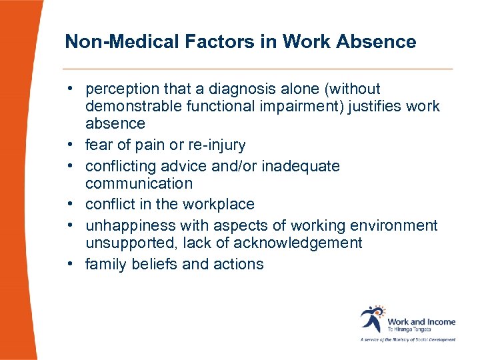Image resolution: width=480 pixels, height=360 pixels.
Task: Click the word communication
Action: click(x=139, y=183)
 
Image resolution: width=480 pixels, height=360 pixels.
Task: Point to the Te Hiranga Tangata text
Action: click(x=409, y=329)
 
